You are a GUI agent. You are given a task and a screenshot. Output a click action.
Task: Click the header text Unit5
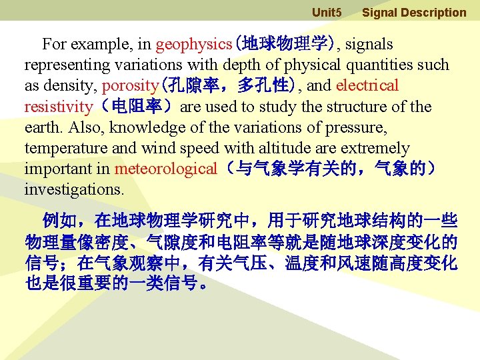(327, 13)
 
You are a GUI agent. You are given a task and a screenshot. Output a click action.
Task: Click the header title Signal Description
(414, 13)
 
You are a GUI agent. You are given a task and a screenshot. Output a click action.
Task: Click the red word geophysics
(193, 45)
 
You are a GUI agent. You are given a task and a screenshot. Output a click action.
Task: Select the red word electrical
(367, 86)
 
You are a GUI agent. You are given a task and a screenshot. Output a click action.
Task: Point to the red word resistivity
(59, 107)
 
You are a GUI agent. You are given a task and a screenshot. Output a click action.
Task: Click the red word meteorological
(165, 169)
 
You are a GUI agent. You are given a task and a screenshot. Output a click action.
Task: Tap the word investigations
(74, 189)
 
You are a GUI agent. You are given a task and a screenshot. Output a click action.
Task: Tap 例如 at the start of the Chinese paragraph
(59, 221)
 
